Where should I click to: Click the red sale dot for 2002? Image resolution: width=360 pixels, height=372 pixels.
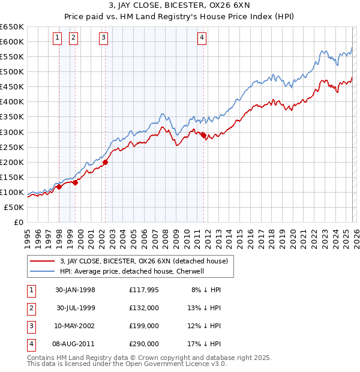point(105,162)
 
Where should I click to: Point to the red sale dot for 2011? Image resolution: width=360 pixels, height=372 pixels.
point(203,135)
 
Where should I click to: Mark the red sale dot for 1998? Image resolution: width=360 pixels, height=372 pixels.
point(59,187)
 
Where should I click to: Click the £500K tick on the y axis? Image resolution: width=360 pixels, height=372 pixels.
point(12,72)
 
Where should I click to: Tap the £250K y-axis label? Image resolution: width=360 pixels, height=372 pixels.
point(12,147)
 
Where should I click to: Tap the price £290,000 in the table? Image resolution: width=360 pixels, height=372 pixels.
point(144,344)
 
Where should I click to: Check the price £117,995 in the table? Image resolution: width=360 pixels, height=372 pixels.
point(144,290)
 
